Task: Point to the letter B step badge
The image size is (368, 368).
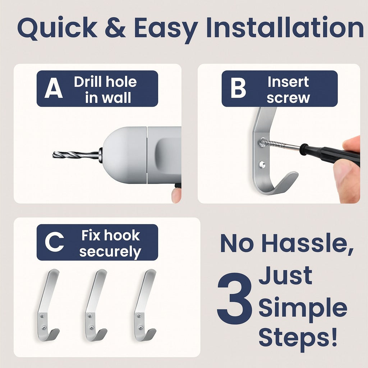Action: coord(238,88)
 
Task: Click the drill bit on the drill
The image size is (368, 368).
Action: coord(75,155)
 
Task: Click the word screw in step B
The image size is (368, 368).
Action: coord(288,98)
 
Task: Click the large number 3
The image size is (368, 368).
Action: coord(235,298)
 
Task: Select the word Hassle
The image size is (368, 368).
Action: coord(308,243)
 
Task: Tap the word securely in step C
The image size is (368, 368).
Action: coord(110,252)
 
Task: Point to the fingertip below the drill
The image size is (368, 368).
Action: coord(176,195)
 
